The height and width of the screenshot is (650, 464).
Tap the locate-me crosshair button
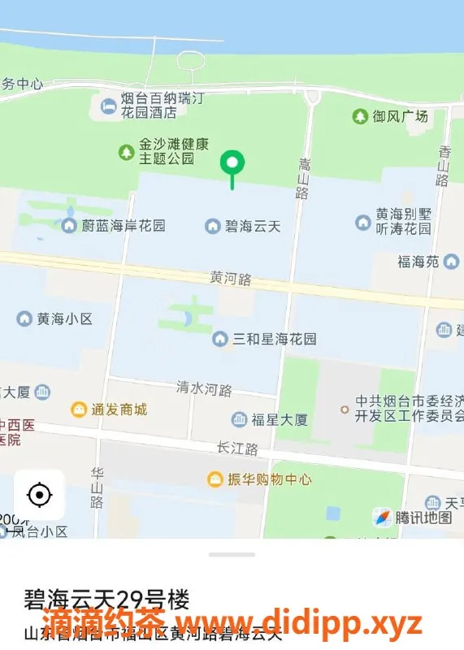(x=39, y=494)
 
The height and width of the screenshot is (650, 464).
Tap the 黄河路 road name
(x=231, y=278)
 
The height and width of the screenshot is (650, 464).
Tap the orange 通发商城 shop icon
(x=79, y=409)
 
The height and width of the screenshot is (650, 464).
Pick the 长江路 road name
(x=237, y=448)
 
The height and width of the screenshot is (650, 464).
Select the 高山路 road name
(x=304, y=178)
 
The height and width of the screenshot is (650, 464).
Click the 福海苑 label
(x=418, y=262)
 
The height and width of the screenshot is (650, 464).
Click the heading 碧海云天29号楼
(x=106, y=600)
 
